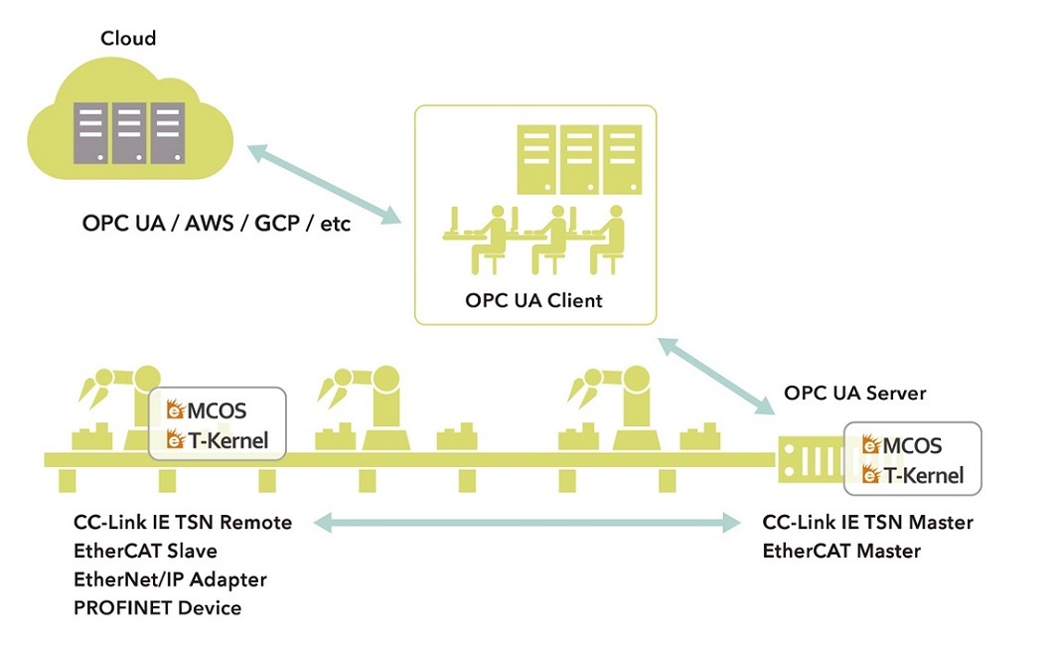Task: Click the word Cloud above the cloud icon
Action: [128, 39]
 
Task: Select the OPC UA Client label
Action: [534, 300]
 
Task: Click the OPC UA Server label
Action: [854, 393]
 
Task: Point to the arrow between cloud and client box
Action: [323, 182]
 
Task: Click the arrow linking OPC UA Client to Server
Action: [714, 376]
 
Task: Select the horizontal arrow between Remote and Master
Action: [526, 521]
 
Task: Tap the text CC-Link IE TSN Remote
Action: [183, 522]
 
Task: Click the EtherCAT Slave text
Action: [145, 550]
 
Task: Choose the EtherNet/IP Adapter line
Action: [170, 578]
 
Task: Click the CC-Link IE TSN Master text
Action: [867, 522]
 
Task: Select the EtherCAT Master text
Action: [841, 550]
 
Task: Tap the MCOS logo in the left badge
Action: [208, 409]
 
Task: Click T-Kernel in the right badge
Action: [913, 475]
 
